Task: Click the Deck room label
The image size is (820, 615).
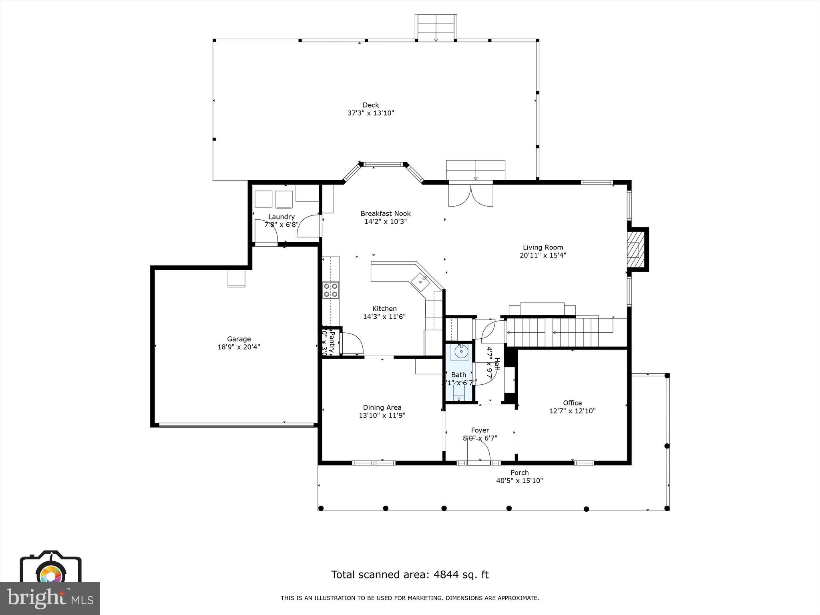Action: click(370, 105)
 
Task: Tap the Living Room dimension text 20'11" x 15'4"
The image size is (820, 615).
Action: click(543, 255)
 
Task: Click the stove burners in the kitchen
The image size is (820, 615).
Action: click(331, 290)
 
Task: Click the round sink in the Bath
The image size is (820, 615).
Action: click(461, 352)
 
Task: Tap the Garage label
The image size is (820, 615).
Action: click(239, 339)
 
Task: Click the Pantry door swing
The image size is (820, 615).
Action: click(352, 344)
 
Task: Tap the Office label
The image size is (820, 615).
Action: click(572, 403)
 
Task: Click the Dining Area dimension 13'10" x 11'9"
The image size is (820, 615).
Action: click(382, 416)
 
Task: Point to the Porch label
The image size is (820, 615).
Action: click(519, 472)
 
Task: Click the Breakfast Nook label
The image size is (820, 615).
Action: click(385, 213)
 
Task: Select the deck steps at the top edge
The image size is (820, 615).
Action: click(436, 28)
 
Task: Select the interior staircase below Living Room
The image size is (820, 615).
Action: click(561, 332)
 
